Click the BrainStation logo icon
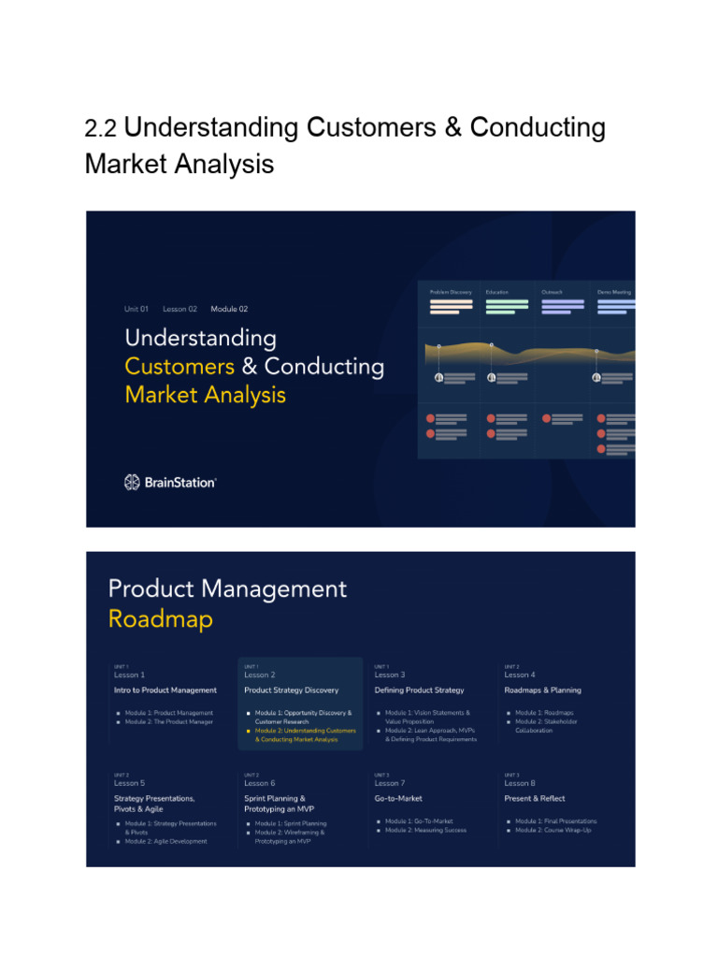[x=132, y=482]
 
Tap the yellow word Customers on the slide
[x=179, y=366]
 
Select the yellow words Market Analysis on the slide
[x=206, y=395]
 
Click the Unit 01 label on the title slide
[x=136, y=309]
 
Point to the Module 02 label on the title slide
[x=229, y=309]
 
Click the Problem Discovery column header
[x=451, y=292]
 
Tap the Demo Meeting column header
[x=614, y=292]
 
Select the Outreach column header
[x=553, y=292]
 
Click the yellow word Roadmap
[x=161, y=619]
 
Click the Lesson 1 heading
[x=129, y=675]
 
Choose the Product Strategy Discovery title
[x=292, y=690]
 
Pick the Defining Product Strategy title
[x=419, y=690]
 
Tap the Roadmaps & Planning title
[x=542, y=690]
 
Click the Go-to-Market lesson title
[x=398, y=799]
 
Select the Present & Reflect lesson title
[x=535, y=799]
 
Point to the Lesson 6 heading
[x=260, y=783]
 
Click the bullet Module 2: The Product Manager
[x=169, y=721]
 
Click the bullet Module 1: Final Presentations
[x=555, y=821]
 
